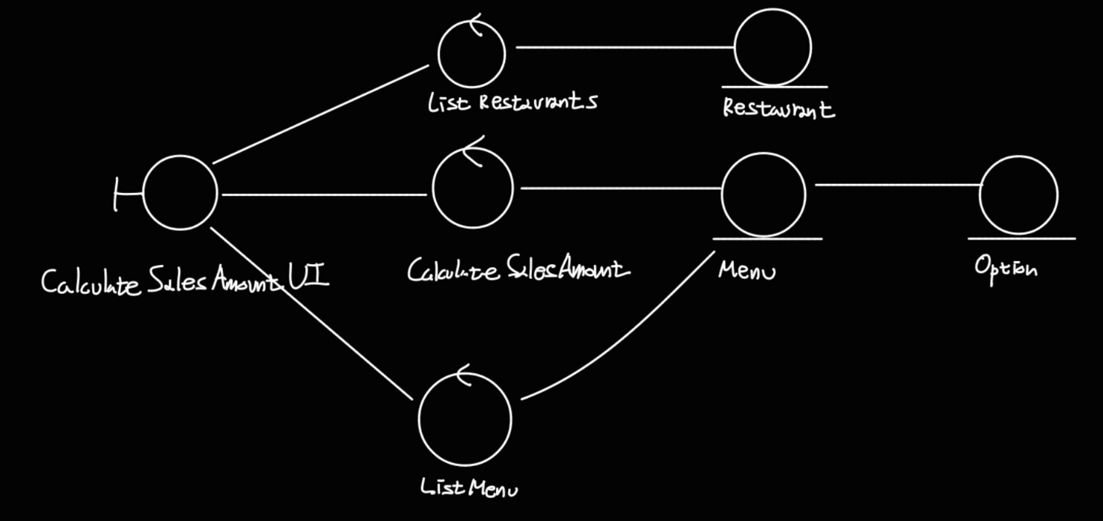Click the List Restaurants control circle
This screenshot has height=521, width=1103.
point(472,53)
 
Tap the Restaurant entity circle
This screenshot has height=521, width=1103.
point(772,47)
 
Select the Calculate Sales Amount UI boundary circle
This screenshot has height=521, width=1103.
point(180,193)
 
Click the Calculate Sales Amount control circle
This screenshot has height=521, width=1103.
point(472,189)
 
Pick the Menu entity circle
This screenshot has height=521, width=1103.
point(764,194)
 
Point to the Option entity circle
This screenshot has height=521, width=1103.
point(1018,194)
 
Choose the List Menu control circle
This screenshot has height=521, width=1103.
point(465,419)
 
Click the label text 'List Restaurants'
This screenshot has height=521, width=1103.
point(512,102)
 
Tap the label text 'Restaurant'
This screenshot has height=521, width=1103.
point(778,108)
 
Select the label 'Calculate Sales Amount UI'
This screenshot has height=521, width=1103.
point(184,282)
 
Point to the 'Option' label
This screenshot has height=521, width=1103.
point(1006,267)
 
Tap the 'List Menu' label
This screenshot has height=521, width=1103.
point(469,488)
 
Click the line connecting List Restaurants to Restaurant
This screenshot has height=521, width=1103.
point(624,47)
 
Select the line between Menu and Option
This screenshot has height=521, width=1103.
point(897,184)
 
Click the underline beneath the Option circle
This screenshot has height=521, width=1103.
point(1021,238)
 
